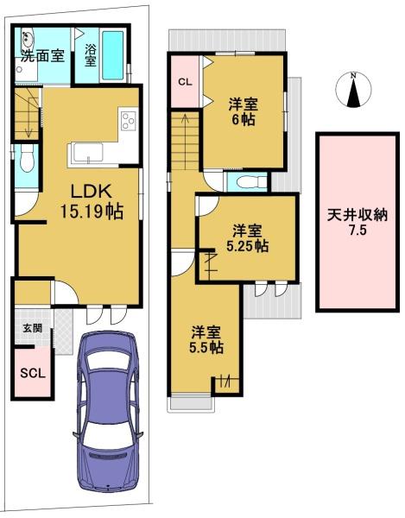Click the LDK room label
tap(91, 192)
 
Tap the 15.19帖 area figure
tap(92, 212)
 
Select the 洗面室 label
tap(42, 56)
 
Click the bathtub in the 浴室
tap(112, 55)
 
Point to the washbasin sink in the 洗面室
tap(27, 38)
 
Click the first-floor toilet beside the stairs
tap(27, 158)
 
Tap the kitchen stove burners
tap(129, 121)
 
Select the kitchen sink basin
tap(88, 153)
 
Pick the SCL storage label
tap(33, 373)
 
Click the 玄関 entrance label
tap(32, 328)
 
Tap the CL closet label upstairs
tap(185, 82)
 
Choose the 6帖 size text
tap(244, 120)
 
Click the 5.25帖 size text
tap(248, 246)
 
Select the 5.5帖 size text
tap(206, 347)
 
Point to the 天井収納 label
tap(358, 215)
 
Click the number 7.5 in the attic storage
tap(358, 231)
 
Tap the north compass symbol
tap(353, 90)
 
